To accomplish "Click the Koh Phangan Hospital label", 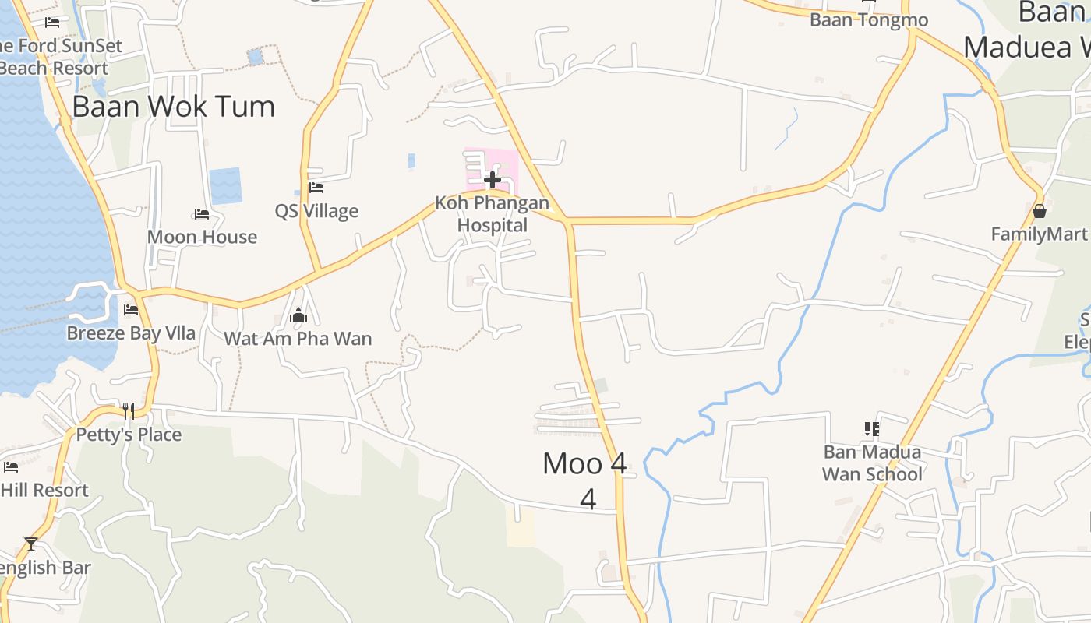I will click(492, 214).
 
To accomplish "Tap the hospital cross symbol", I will click(492, 181).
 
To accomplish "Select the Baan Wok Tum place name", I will click(173, 107).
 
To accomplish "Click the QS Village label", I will click(316, 211).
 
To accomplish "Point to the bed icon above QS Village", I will click(316, 188).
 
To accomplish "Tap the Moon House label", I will click(202, 237).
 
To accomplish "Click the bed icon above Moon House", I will click(202, 214).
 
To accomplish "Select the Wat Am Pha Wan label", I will click(298, 339).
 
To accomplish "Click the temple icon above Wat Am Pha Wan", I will click(298, 315).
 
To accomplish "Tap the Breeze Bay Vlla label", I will click(131, 333).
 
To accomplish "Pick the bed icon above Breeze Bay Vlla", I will click(131, 310).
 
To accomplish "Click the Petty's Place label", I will click(129, 435).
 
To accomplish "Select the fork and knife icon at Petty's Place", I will click(129, 410).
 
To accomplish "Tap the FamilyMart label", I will click(1039, 234).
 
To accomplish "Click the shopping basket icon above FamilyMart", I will click(1039, 211).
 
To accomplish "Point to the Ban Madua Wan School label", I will click(872, 463).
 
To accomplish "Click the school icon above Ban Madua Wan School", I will click(872, 428).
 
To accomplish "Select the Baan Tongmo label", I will click(869, 20).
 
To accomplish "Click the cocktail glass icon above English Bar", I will click(31, 544).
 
